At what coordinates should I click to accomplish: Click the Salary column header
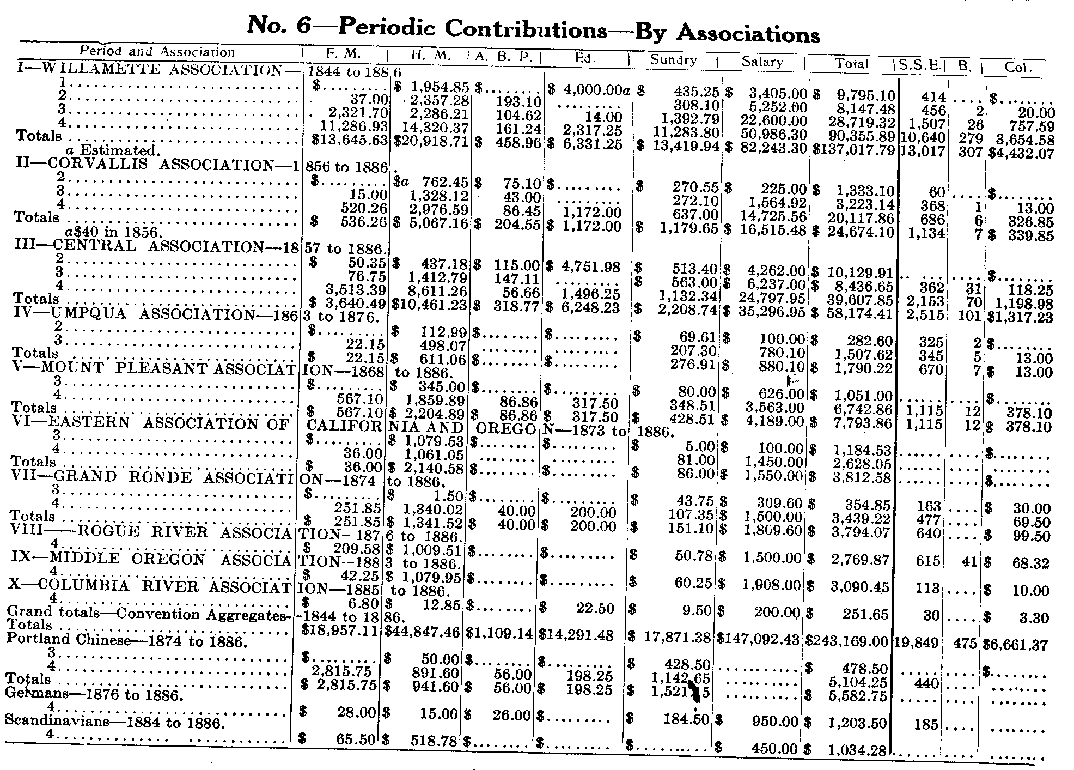[762, 62]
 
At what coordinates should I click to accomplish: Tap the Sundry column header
[674, 59]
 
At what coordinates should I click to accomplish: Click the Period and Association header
[157, 52]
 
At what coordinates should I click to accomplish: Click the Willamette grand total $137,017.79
[853, 149]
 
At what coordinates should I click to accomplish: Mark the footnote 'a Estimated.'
[118, 150]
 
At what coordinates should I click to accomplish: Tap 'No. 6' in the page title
[278, 25]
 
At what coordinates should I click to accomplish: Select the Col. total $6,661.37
[1015, 645]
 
